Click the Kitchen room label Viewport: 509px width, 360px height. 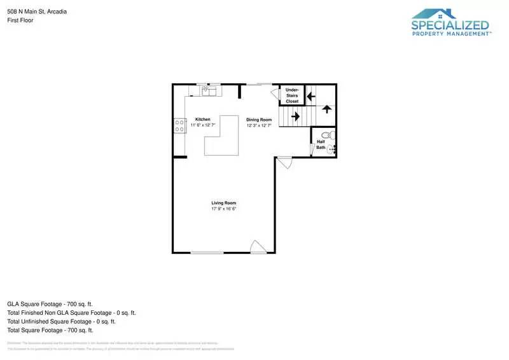[202, 120]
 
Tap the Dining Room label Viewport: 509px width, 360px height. [259, 120]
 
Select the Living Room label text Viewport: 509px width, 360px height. [224, 203]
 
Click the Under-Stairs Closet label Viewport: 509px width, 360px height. [292, 95]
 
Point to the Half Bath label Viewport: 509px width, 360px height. [321, 144]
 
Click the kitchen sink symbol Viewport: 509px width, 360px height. [209, 91]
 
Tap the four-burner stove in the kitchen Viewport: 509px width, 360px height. [179, 125]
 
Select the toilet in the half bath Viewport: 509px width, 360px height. [327, 135]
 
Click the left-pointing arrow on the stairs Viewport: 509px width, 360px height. [311, 97]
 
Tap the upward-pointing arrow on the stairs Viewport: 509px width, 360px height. [327, 109]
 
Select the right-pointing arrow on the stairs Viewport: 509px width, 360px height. [295, 116]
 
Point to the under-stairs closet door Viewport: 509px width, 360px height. [275, 94]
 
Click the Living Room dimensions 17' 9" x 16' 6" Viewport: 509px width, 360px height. [224, 209]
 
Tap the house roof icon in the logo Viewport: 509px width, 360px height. [434, 14]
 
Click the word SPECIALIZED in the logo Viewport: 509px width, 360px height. [450, 26]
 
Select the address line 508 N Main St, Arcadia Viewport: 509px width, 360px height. [36, 11]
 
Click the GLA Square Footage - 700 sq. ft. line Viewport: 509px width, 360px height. [50, 304]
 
